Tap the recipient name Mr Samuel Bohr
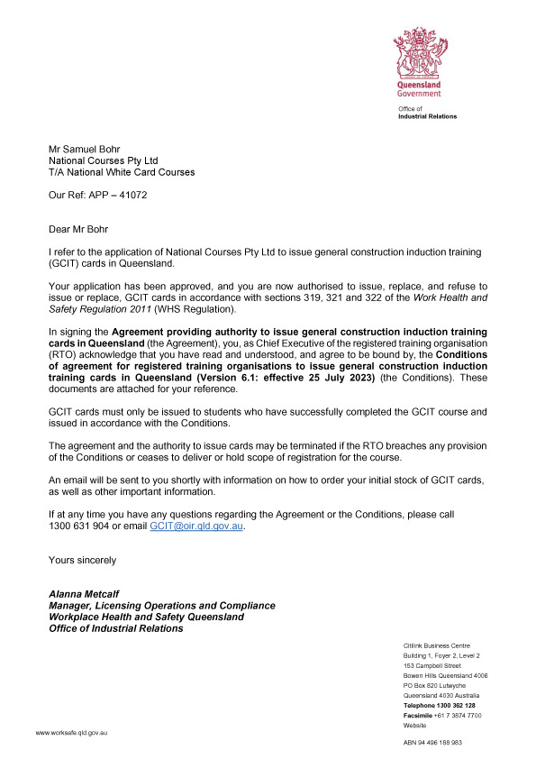point(84,148)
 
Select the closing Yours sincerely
point(82,560)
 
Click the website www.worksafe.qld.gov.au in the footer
point(72,735)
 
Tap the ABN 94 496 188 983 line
point(432,742)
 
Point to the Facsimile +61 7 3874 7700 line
point(442,715)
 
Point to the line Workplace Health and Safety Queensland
point(146,617)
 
